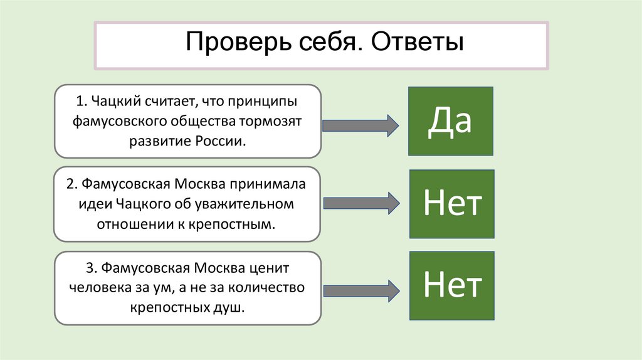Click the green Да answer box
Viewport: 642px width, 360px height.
(450, 121)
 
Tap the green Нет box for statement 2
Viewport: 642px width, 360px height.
(451, 203)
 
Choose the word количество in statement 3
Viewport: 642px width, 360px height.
(270, 288)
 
